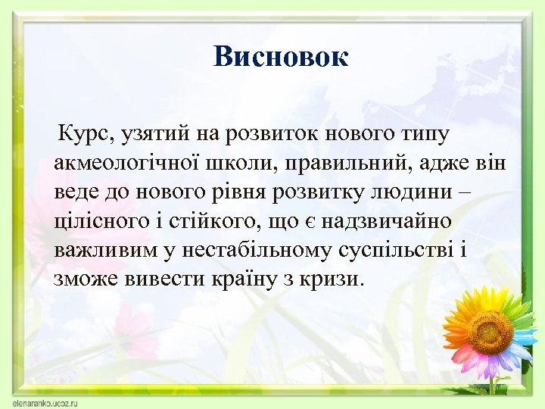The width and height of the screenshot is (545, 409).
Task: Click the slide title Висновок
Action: [280, 56]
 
